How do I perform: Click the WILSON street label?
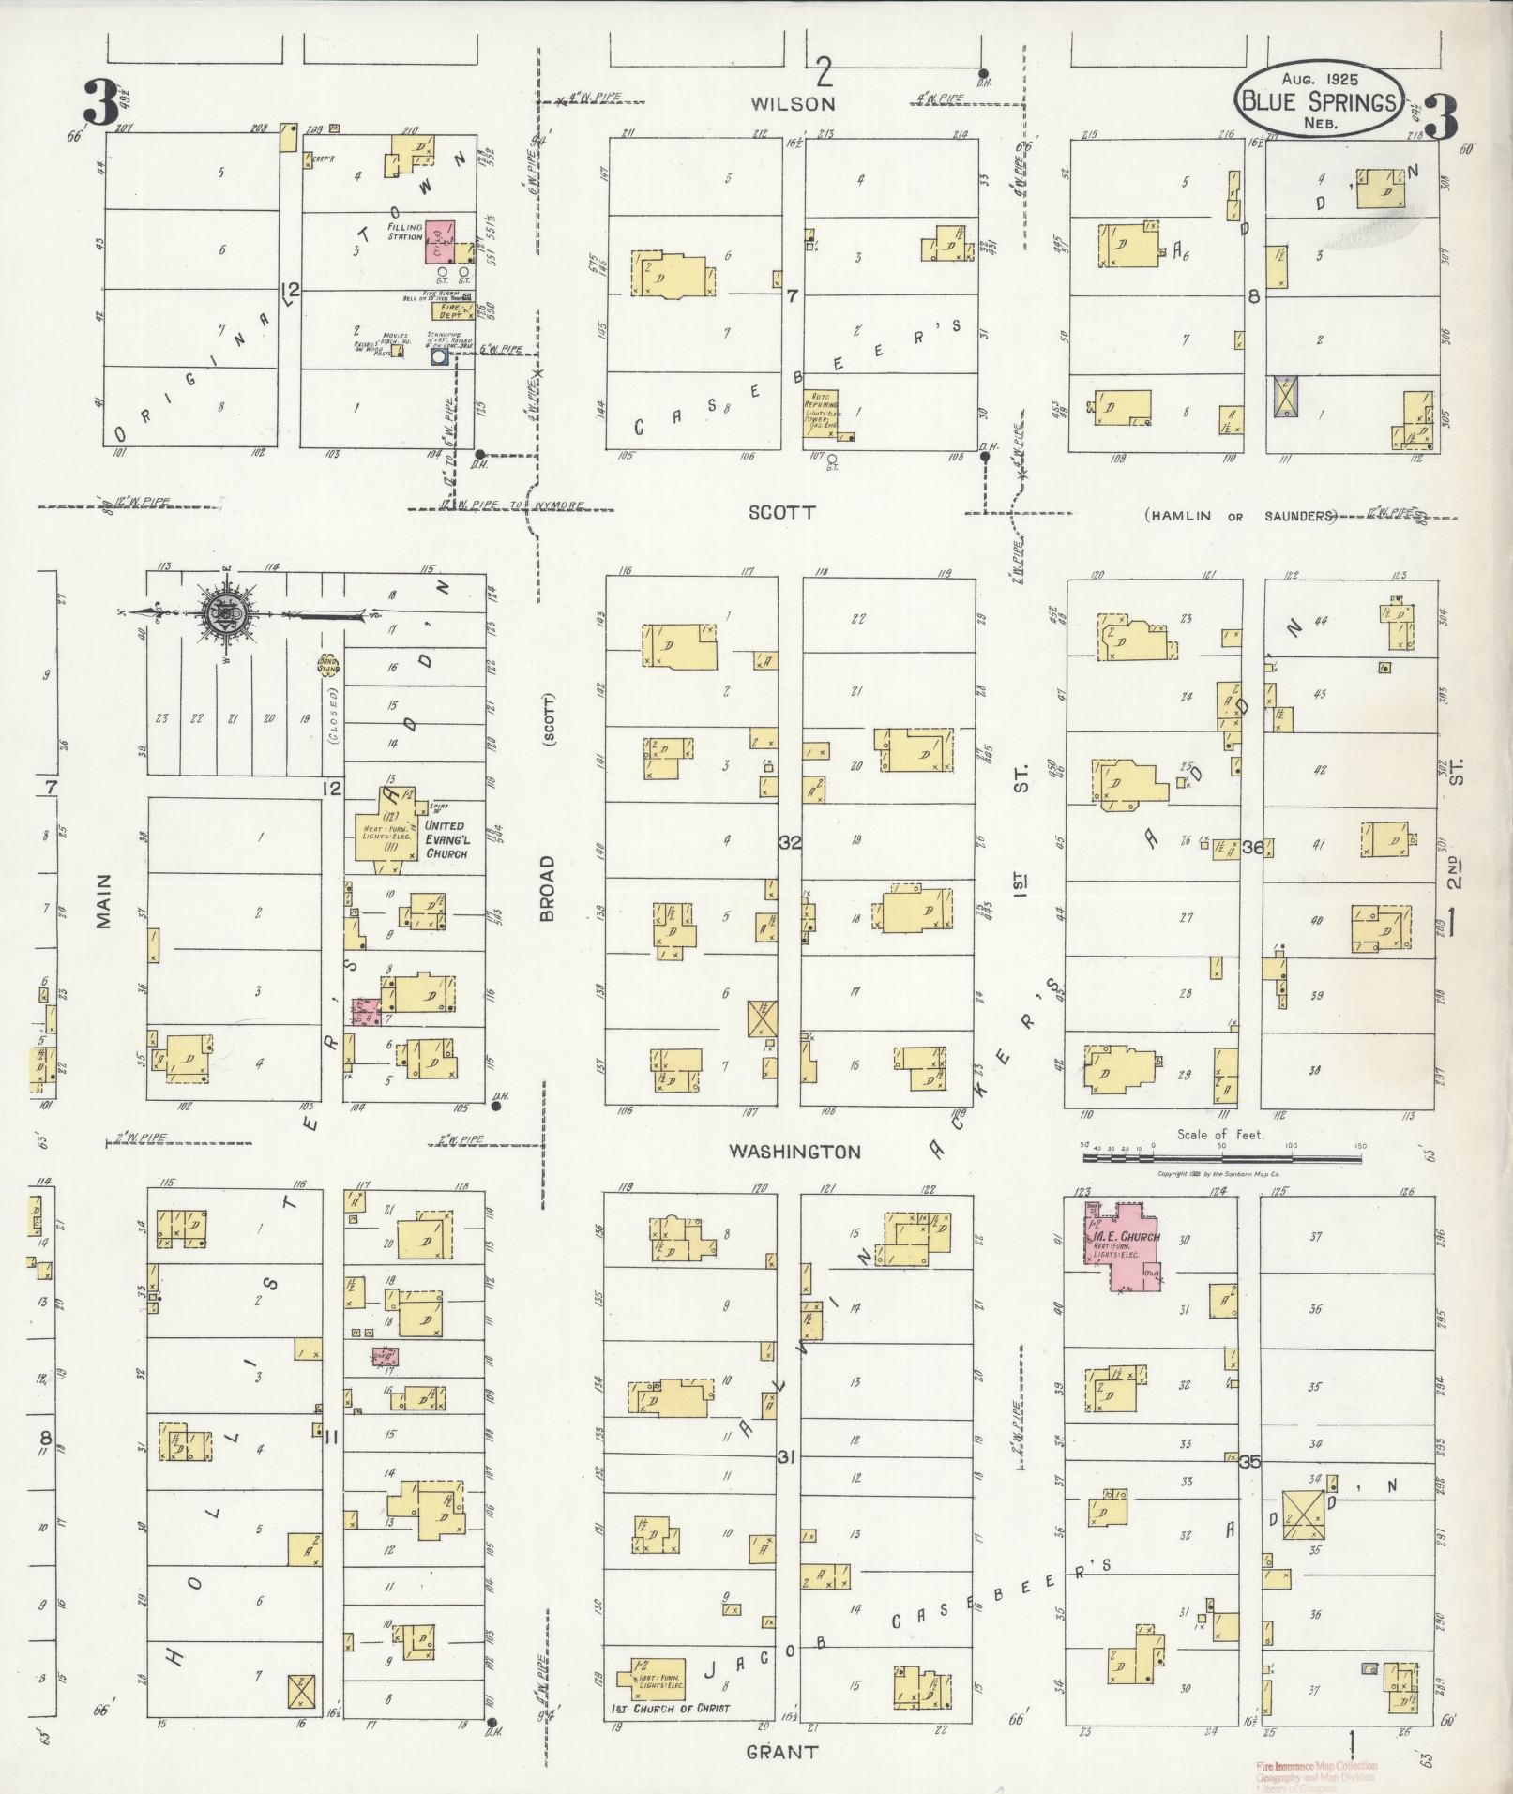click(794, 104)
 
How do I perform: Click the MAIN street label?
click(103, 900)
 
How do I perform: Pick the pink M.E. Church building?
click(1121, 1250)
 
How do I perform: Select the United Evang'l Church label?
click(444, 839)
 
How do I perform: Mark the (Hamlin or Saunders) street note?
click(1239, 516)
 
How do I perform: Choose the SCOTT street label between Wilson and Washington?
click(781, 512)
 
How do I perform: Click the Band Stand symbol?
click(328, 664)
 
